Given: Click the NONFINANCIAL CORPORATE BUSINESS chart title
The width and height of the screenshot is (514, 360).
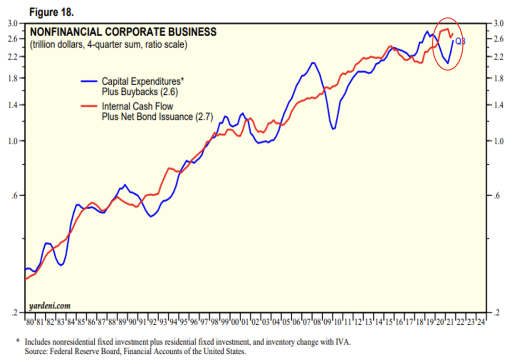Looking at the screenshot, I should coord(123,33).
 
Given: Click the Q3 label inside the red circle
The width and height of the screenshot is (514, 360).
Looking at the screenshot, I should coord(460,42).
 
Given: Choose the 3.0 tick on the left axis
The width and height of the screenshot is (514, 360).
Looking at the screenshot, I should coord(13,23).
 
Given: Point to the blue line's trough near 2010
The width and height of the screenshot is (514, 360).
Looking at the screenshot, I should coord(334,129).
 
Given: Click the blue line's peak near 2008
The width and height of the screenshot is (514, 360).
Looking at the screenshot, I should coord(313,63).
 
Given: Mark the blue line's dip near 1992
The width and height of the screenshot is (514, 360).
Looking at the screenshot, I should coord(151,217).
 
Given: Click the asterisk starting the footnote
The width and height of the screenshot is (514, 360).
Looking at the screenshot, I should coord(18,341).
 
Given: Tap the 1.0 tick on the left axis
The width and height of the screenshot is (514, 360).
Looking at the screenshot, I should coord(13,141).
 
